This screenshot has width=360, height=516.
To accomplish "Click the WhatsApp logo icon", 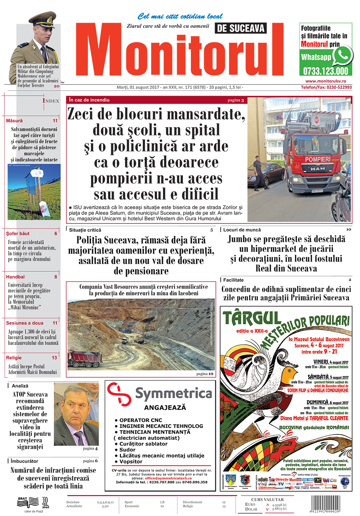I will click(342, 55).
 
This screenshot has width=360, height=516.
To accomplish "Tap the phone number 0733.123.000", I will click(325, 71).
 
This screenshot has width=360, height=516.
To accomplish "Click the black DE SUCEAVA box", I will click(240, 28).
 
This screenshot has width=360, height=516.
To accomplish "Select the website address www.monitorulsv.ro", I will click(325, 81).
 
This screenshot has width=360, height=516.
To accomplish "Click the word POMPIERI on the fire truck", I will click(318, 159).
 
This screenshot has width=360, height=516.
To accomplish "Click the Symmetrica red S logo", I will click(119, 395).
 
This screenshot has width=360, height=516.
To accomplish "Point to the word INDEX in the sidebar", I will click(51, 101).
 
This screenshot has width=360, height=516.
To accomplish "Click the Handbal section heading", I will click(15, 277).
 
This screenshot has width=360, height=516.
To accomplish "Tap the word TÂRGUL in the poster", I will click(252, 318).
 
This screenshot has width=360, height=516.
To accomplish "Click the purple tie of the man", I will click(80, 438).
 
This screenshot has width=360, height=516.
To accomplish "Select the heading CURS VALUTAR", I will click(267, 499).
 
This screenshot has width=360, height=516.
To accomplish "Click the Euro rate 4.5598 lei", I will click(279, 505).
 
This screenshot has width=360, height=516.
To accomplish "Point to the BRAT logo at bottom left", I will click(28, 502).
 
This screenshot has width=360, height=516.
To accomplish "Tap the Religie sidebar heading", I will click(14, 358).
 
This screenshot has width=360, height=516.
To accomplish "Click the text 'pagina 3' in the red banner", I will click(235, 100).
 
